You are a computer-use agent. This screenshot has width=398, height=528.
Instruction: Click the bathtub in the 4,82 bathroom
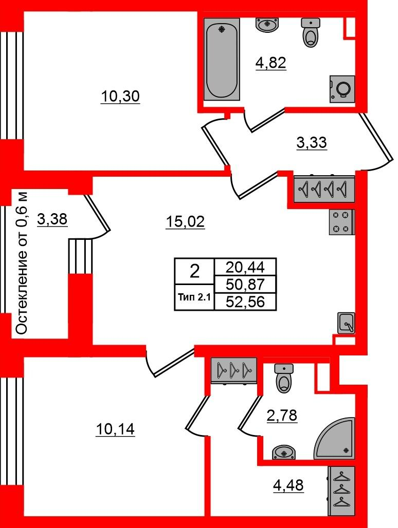pos(222,59)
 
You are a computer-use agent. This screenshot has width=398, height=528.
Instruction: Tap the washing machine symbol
pos(342,88)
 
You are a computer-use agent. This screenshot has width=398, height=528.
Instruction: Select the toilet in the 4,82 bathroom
pos(311,32)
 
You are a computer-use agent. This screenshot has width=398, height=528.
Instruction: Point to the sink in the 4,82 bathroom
pos(267,24)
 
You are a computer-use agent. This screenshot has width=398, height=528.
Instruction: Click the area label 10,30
pos(120,97)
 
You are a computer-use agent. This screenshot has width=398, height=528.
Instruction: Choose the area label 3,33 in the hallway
pos(312,143)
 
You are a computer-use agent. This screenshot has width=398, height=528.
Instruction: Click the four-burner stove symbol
pos(341,222)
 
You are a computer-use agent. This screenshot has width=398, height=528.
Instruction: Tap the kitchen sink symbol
pos(346,323)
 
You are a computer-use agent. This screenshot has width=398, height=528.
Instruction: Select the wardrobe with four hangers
pos(324,188)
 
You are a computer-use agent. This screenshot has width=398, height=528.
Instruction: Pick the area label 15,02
pos(185,222)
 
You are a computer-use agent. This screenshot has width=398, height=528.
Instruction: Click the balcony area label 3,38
pos(52,219)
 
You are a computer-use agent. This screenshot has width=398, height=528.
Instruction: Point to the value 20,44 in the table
pos(245,268)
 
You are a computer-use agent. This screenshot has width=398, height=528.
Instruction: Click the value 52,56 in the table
pos(245,302)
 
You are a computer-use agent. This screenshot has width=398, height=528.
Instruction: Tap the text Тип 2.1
pos(194,297)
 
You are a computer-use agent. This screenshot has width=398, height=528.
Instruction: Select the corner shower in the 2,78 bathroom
pos(335,439)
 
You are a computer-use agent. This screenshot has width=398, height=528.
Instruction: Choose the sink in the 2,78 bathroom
pos(284,452)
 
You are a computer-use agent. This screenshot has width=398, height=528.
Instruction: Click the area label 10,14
pos(115,430)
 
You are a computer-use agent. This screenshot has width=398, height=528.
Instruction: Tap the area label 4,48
pos(288,485)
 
